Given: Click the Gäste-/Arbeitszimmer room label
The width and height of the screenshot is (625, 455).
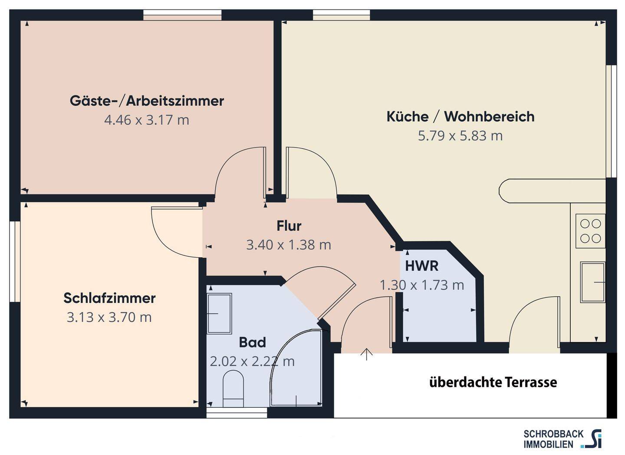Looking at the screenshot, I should coord(147,101).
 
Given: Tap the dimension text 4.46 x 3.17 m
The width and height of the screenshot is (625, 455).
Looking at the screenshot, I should coord(147,120).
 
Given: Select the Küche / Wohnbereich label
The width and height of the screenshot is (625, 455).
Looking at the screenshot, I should coord(460,117).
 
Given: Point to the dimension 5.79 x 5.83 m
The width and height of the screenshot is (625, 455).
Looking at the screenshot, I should coord(460,136).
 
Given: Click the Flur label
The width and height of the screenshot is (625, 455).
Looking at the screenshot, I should coord(289,226).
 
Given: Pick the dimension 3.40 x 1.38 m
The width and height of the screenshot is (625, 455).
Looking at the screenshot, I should coord(289,245).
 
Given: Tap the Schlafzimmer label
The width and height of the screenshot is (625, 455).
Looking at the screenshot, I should coord(109,298).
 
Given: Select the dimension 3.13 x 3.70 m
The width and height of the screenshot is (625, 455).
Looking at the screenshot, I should coord(109,318).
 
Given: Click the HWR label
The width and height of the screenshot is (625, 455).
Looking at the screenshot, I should coord(421,266).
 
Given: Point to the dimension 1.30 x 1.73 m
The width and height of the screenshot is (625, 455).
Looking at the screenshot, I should coord(421,285).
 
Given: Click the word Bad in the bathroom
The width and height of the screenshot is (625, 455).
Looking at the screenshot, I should coord(252,343).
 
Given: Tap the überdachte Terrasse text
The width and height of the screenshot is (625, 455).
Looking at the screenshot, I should coord(493,382).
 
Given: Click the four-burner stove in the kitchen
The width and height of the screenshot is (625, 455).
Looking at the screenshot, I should coord(590,231).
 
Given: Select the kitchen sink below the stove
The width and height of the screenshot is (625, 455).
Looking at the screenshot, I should coord(592,282).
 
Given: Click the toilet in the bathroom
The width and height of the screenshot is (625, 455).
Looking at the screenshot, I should coord(233,388).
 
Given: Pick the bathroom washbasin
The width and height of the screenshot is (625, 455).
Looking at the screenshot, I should coord(219,313).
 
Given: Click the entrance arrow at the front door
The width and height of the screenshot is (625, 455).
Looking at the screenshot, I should coord(367,354).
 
